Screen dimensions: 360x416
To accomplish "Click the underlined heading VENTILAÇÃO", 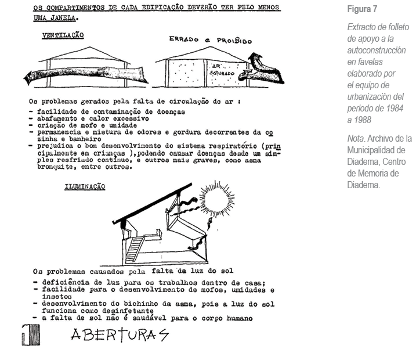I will point(63,36).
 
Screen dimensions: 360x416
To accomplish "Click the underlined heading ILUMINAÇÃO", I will point(85,187).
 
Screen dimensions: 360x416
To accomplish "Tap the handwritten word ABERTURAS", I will point(120,335).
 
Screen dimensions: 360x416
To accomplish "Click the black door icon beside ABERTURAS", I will point(30,335).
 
